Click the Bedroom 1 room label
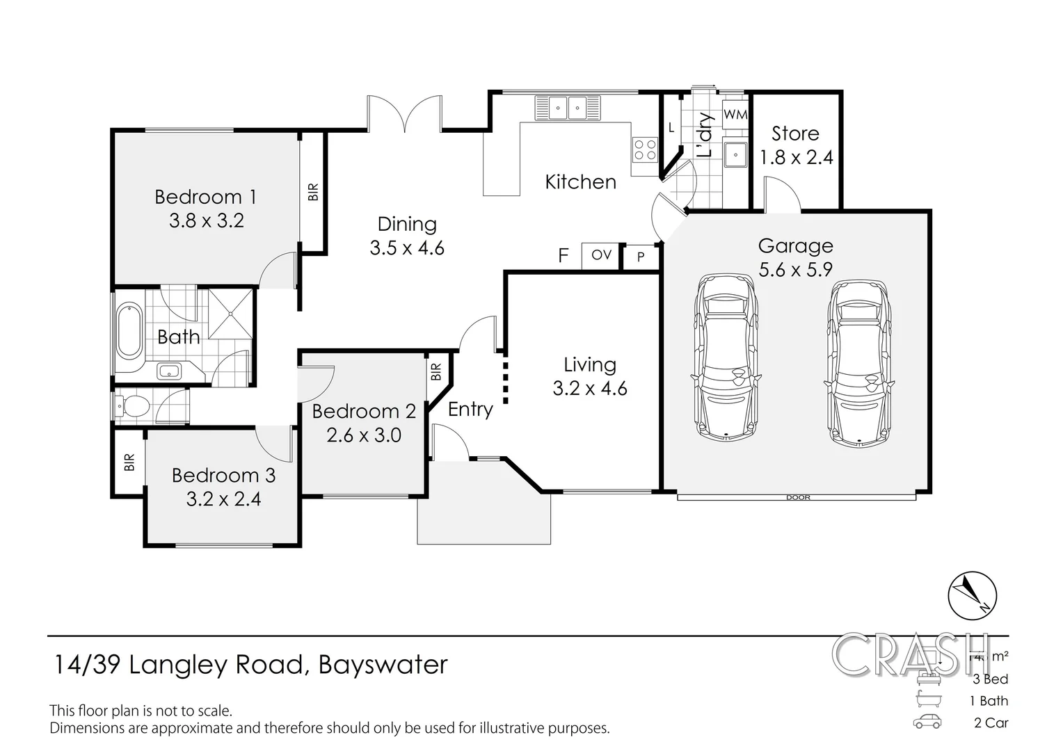pos(205,197)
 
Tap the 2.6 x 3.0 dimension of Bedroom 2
pos(364,435)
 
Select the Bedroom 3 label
pos(223,476)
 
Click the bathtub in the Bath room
pos(129,330)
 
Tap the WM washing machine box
pos(735,114)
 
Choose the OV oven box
pos(601,255)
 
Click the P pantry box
pos(641,257)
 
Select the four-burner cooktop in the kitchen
pos(644,150)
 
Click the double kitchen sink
pos(568,108)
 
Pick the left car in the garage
pos(725,357)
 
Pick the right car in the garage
pos(858,362)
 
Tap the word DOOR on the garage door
pos(798,497)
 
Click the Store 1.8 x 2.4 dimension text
pos(796,158)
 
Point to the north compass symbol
pos(972,597)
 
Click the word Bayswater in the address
pos(383,665)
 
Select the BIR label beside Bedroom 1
pos(312,192)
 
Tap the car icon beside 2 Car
pos(927,722)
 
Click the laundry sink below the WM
pos(734,154)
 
